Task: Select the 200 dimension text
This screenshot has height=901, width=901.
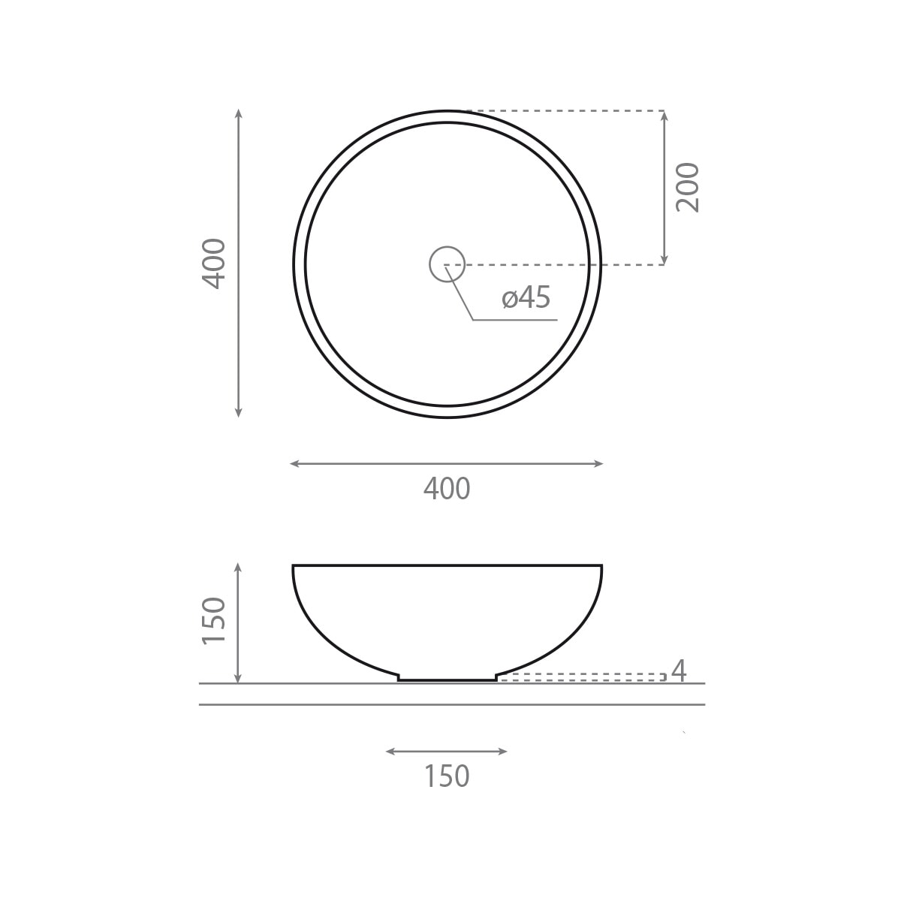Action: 687,188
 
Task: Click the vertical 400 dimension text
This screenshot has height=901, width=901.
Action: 214,264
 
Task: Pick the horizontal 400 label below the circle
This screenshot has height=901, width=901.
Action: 447,489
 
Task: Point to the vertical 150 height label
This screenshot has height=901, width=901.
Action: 214,621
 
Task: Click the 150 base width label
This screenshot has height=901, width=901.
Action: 447,776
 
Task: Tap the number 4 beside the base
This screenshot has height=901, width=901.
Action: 679,670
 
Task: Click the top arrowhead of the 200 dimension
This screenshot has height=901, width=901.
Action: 664,115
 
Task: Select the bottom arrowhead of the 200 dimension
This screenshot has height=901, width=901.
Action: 664,261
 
